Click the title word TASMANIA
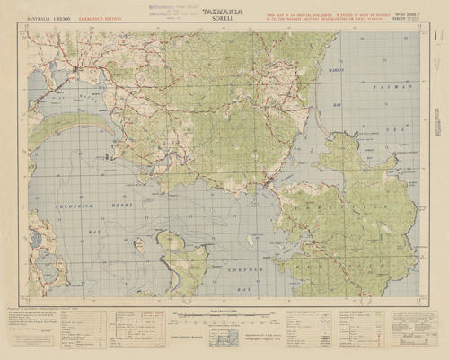pos(224,10)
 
